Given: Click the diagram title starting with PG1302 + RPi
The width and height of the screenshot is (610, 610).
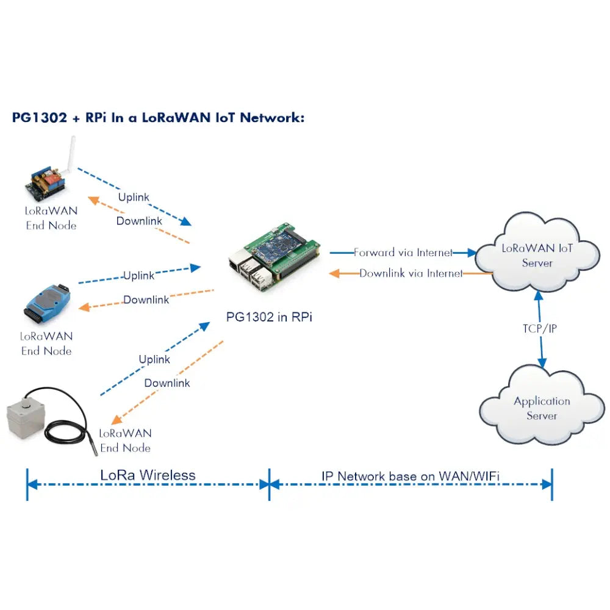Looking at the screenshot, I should [x=158, y=118].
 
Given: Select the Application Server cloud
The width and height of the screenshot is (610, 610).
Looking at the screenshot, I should [x=541, y=407].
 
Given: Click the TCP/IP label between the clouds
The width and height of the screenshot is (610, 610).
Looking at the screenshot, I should [x=540, y=329].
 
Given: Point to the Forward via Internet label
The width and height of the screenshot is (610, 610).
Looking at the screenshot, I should [x=403, y=252].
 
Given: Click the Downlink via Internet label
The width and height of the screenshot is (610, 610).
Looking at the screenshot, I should [x=411, y=273].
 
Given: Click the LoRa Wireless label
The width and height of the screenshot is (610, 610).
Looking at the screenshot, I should [x=148, y=475].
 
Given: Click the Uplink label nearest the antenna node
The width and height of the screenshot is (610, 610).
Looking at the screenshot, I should [x=134, y=198].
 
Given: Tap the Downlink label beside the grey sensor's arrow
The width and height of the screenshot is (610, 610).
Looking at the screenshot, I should [x=167, y=383].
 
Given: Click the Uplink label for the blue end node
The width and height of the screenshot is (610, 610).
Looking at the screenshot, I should [x=138, y=276].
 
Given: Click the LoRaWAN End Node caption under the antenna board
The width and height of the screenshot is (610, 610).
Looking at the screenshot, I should [x=51, y=218].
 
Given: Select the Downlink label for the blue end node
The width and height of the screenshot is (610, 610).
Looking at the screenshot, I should [x=146, y=300].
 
